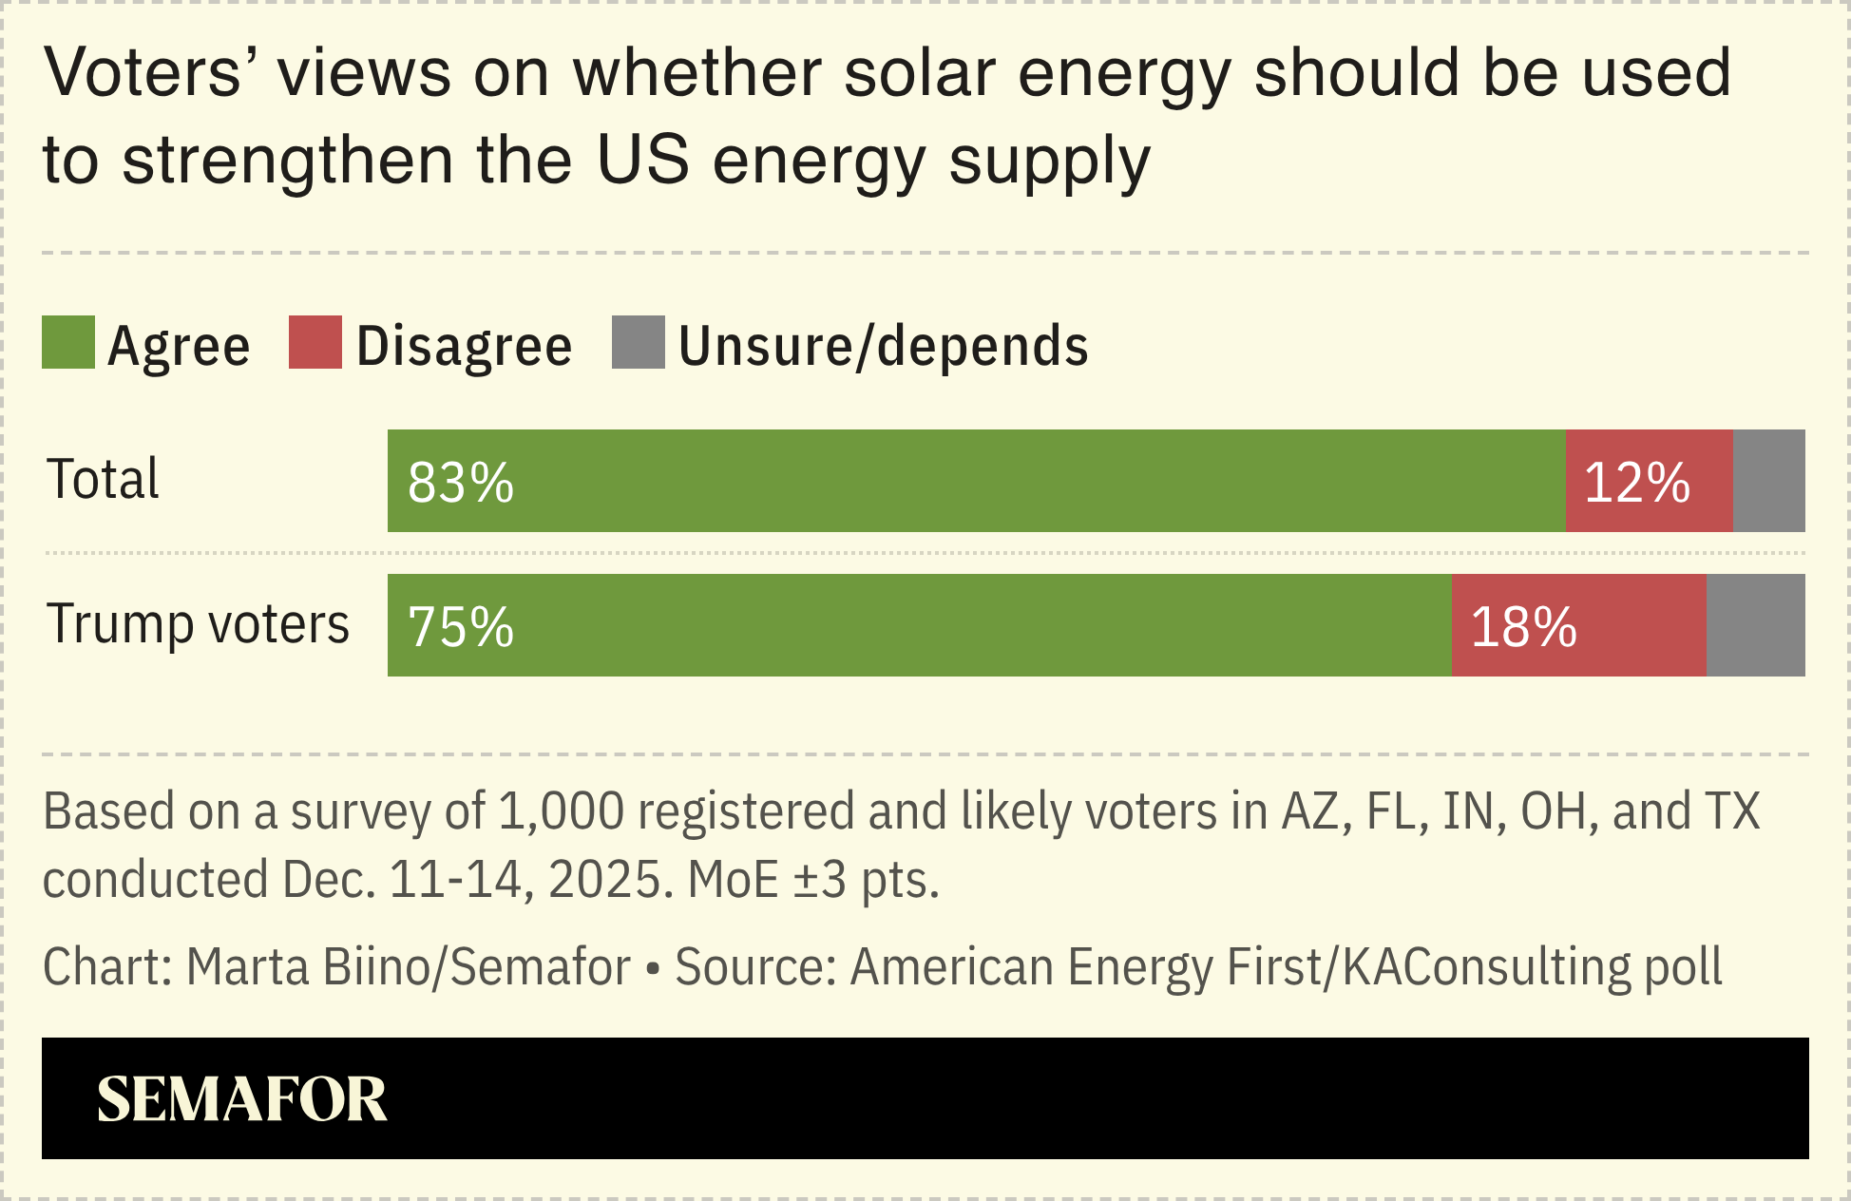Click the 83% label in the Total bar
coord(461,483)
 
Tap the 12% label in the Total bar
coord(1636,483)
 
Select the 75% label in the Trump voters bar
coord(461,627)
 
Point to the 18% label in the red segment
coord(1523,627)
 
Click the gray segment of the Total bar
coord(1768,481)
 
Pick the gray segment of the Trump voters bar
coord(1755,625)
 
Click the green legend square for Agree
coord(68,342)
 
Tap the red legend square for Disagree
coord(315,342)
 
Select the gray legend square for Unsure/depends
coord(638,342)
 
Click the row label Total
coord(104,479)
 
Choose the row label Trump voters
coord(199,624)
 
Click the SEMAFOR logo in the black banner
coord(241,1099)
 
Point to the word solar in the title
coord(919,73)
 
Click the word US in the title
coord(642,160)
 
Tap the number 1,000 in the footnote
coord(561,812)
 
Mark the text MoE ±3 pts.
coord(812,880)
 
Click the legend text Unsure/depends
coord(883,346)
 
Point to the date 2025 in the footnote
coord(604,880)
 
